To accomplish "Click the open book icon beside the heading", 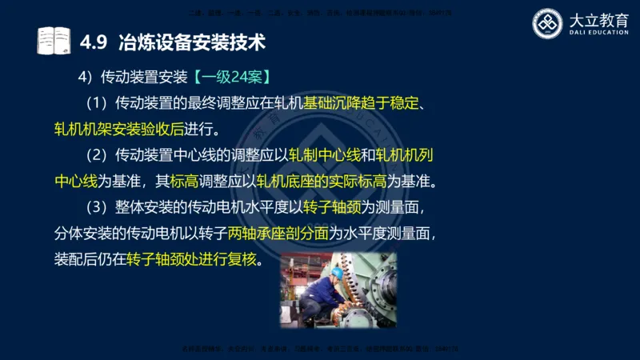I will pos(54,40).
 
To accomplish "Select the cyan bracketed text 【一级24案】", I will pos(231,78).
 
